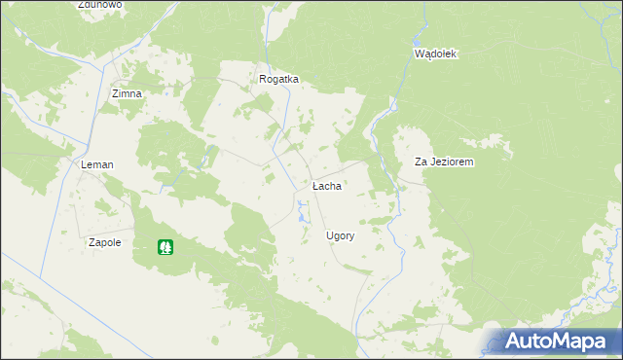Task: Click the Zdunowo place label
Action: click(100, 5)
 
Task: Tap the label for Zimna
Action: click(127, 93)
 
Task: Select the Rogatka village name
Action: click(278, 80)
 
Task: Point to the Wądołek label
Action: click(435, 54)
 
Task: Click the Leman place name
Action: click(97, 165)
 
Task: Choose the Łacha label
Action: click(326, 185)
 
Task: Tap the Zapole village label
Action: click(104, 242)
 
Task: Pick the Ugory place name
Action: click(340, 236)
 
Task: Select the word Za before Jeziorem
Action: click(421, 162)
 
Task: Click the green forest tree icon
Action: click(166, 248)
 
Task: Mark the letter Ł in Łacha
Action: click(314, 185)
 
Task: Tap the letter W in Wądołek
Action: click(419, 54)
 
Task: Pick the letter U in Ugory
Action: click(329, 236)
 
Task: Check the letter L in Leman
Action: click(84, 165)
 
